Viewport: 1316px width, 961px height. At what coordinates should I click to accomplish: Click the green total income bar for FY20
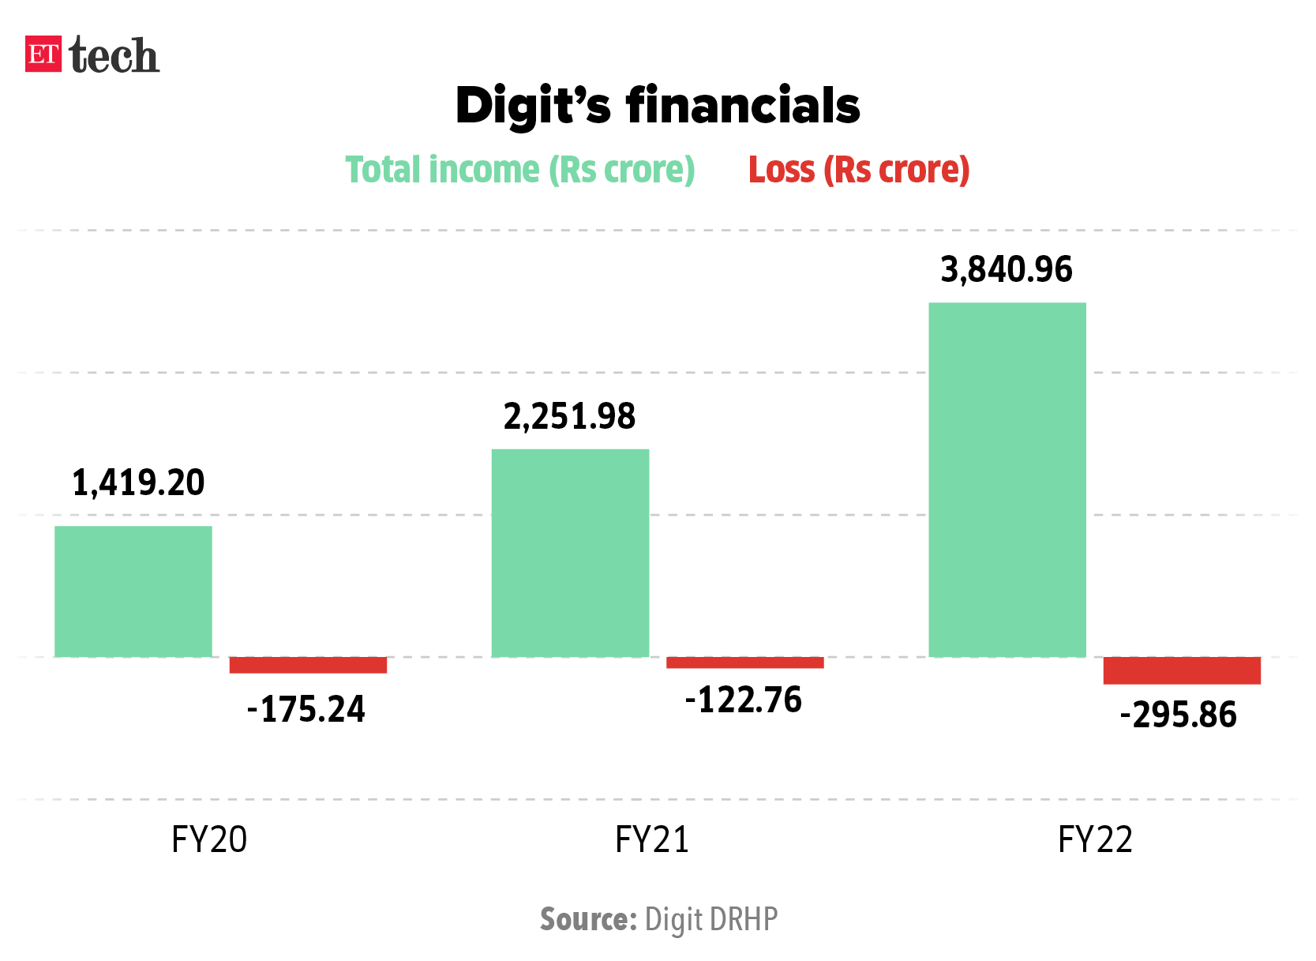coord(133,591)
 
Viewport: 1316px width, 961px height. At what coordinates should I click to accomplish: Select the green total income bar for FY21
coord(570,553)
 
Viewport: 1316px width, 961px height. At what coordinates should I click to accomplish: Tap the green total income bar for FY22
coord(1007,479)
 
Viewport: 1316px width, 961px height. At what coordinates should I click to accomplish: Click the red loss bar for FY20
coord(308,665)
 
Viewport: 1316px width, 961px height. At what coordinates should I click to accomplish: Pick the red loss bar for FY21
coord(744,663)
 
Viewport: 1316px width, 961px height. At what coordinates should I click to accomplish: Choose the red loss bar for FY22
coord(1182,670)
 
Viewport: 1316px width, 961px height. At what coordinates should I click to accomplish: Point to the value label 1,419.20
coord(138,482)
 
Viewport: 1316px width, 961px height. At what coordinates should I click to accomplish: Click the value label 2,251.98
coord(569,416)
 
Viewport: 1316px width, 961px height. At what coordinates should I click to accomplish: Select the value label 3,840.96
coord(1007,270)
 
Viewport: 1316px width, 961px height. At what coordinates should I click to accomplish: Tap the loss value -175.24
coord(306,709)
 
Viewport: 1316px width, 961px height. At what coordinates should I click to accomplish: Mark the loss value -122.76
coord(744,700)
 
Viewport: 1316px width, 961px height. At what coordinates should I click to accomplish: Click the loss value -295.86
coord(1179,715)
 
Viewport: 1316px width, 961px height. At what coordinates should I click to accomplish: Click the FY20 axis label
coord(209,839)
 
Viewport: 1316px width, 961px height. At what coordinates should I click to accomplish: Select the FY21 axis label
coord(652,839)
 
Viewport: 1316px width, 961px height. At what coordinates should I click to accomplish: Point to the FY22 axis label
coord(1095,839)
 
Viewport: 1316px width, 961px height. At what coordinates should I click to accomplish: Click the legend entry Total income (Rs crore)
coord(520,170)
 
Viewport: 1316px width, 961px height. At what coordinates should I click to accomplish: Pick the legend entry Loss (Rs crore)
coord(859,170)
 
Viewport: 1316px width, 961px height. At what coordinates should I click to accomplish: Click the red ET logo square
coord(43,54)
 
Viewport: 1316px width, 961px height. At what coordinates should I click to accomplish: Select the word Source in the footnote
coord(588,920)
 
